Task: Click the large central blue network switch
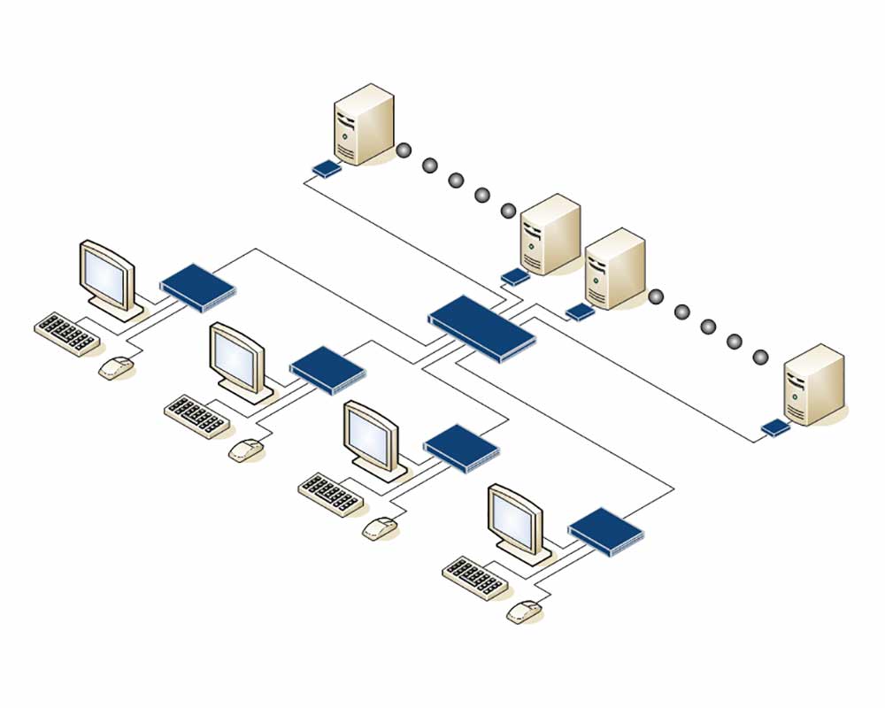pos(482,326)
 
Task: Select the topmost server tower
pos(363,124)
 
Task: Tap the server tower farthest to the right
pos(814,385)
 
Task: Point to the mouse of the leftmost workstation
pos(116,366)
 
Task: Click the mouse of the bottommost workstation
pos(525,611)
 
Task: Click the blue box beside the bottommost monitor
pos(606,530)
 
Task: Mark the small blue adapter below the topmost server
pos(326,168)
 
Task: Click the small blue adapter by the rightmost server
pos(775,428)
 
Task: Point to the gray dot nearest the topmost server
pos(404,150)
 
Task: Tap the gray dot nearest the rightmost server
pos(760,357)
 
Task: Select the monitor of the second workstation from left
pos(238,359)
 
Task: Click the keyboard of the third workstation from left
pos(331,495)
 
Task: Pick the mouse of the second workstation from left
pos(247,450)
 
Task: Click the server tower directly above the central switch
pos(550,235)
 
